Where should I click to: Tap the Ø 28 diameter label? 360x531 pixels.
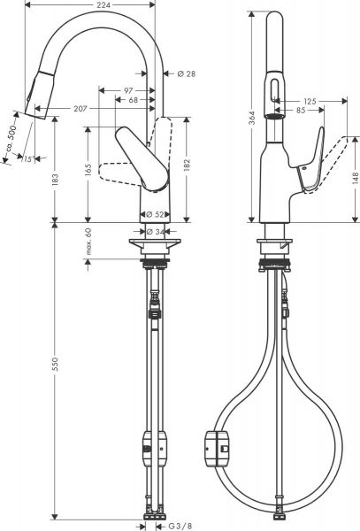pyautogui.click(x=186, y=74)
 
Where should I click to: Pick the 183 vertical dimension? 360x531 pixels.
pyautogui.click(x=56, y=179)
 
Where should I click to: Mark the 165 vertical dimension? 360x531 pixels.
pyautogui.click(x=89, y=168)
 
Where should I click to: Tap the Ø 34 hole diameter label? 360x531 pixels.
pyautogui.click(x=153, y=232)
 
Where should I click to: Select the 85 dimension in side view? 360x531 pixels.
pyautogui.click(x=303, y=110)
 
